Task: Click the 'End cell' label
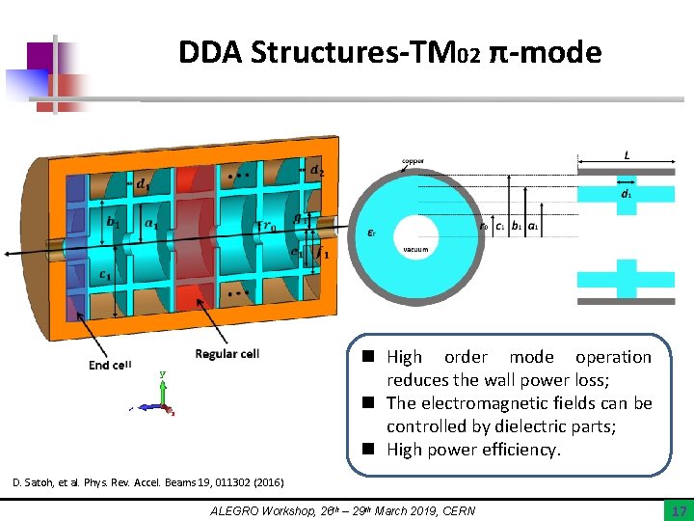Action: [110, 364]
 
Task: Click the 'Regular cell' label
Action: [227, 354]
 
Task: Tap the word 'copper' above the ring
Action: [412, 161]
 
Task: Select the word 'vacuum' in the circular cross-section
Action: [415, 250]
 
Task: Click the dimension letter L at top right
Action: [627, 154]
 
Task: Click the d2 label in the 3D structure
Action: [316, 172]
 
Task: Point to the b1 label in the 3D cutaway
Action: [113, 222]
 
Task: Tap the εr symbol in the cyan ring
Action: [372, 231]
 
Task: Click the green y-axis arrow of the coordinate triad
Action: [163, 387]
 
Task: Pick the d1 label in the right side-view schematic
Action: [626, 193]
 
